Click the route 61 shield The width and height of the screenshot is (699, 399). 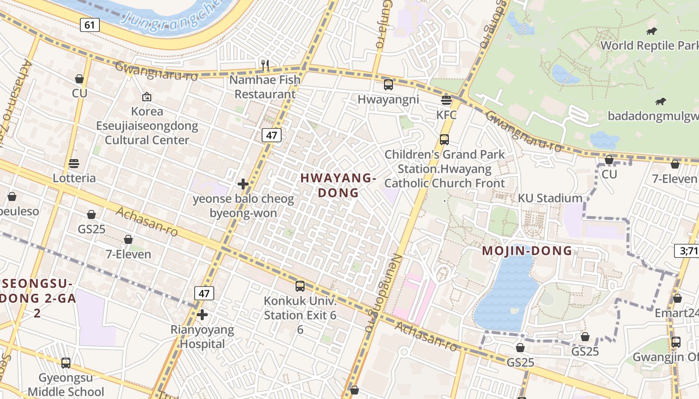89,24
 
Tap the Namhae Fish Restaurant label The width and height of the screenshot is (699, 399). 265,87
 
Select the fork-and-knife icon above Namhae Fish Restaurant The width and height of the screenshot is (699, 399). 265,64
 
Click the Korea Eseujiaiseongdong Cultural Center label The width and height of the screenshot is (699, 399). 147,126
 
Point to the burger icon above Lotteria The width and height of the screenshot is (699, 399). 74,164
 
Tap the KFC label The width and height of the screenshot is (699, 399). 446,115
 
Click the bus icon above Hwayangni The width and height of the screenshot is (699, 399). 388,84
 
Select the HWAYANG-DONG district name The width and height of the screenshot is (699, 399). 339,185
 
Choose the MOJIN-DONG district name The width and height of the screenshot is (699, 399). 527,251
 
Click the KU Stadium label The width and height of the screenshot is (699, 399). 550,198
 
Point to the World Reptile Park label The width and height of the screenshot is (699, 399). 649,45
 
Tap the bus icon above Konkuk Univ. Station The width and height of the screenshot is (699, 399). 300,286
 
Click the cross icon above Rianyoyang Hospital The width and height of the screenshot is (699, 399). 202,315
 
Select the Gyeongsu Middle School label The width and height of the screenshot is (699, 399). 66,385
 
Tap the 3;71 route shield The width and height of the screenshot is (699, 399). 688,251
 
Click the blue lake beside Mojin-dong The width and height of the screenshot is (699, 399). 504,294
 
